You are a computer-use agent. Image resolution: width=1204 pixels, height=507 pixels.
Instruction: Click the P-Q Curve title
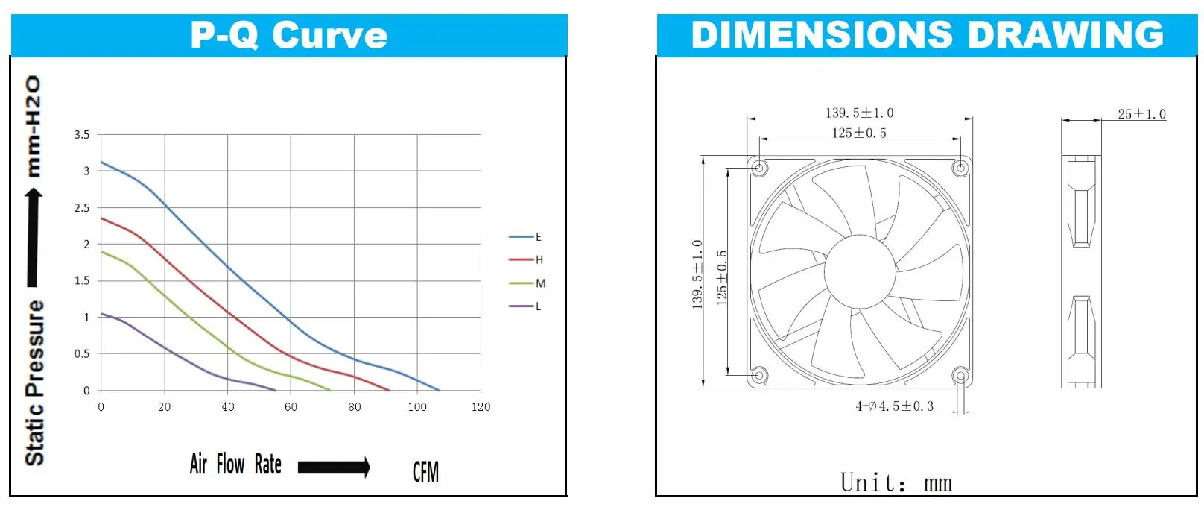289,35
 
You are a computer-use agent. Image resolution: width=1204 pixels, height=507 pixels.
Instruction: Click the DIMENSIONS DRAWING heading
927,35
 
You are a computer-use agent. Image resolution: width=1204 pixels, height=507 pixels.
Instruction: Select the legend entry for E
526,237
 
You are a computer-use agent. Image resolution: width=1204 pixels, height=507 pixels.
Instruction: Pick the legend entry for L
526,306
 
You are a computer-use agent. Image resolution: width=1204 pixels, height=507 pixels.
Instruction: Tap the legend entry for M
527,283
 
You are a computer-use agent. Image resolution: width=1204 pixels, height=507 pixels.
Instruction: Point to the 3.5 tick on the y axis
82,135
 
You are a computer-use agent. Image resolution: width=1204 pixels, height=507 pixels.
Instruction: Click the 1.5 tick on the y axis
82,281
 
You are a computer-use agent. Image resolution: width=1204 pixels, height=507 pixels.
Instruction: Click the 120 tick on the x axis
481,407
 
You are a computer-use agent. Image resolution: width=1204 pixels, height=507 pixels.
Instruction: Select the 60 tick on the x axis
291,407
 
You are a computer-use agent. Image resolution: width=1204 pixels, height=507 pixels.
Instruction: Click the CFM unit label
425,471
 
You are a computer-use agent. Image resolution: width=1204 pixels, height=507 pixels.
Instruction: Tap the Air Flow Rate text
235,465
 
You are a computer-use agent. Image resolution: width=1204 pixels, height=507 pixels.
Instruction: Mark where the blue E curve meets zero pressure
439,390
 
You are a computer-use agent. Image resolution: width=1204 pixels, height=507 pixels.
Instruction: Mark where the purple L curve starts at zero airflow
101,314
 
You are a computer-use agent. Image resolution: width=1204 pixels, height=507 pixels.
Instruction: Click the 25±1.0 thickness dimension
1141,114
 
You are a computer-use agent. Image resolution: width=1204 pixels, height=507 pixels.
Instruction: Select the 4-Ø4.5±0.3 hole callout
894,406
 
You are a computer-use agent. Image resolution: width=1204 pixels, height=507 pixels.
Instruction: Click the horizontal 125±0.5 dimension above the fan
859,133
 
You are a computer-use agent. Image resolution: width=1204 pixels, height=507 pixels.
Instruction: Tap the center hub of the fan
859,271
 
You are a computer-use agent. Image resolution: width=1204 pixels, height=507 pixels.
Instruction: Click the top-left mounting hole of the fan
759,168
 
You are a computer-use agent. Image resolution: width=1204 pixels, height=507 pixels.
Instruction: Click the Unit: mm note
896,482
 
